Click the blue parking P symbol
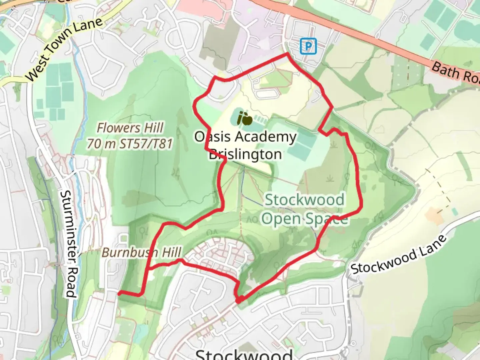click(308, 46)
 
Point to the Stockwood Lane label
click(399, 255)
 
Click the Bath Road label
click(455, 73)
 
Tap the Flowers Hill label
click(130, 128)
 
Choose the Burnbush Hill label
click(142, 252)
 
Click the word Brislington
click(245, 154)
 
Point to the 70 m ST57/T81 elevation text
click(130, 144)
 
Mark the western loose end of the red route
click(119, 293)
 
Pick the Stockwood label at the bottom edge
click(244, 354)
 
